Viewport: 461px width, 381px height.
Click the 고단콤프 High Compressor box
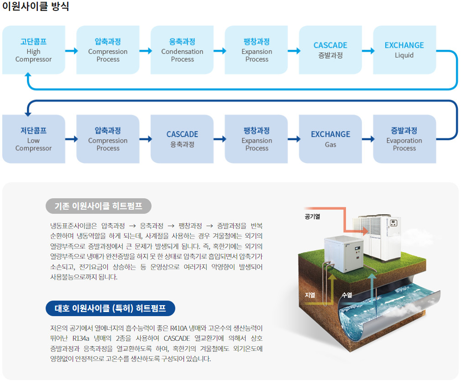tap(33, 50)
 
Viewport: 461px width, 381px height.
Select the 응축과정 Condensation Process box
tap(182, 50)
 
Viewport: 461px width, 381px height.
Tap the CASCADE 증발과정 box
tap(330, 50)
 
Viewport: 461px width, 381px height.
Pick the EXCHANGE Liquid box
tap(404, 50)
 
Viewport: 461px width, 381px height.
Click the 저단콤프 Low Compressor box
tap(33, 139)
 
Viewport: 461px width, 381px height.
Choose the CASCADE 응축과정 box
tap(182, 139)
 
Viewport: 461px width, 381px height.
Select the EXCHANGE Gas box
tap(330, 139)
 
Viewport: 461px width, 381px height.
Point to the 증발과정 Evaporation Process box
tap(404, 139)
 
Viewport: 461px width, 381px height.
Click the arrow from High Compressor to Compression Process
tap(72, 51)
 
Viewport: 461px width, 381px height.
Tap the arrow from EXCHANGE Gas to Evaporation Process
tap(368, 139)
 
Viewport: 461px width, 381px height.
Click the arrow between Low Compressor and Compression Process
tap(72, 139)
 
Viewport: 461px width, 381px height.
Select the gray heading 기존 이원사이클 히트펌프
tap(99, 206)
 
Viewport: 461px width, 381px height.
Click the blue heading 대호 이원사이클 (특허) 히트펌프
tap(110, 308)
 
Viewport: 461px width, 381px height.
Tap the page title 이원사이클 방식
tap(36, 6)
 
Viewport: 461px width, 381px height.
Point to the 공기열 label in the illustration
tap(312, 217)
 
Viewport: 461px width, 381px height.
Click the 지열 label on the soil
tap(310, 295)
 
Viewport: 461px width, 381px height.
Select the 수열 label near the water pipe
tap(347, 295)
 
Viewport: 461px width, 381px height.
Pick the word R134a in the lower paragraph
tap(81, 339)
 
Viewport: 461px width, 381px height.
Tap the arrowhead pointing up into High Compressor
tap(28, 75)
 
